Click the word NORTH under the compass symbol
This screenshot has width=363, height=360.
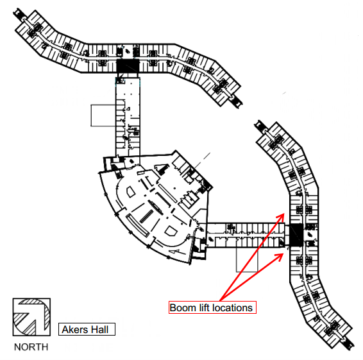[31, 347]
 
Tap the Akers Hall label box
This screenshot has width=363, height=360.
[87, 329]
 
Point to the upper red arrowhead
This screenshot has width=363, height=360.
[281, 216]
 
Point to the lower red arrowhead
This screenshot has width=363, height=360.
[280, 256]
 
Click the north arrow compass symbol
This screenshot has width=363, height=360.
[31, 316]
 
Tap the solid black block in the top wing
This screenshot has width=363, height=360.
[128, 65]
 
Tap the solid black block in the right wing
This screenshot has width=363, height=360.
[296, 235]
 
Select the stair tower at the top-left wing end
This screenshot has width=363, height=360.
[19, 14]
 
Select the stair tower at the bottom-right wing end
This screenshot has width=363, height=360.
[348, 343]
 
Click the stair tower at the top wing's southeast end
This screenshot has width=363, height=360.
[237, 101]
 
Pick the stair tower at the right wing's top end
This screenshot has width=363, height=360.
[260, 126]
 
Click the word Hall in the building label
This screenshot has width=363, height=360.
[100, 329]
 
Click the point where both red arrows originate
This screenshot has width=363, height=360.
[220, 301]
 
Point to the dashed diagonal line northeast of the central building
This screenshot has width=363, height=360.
[202, 160]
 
